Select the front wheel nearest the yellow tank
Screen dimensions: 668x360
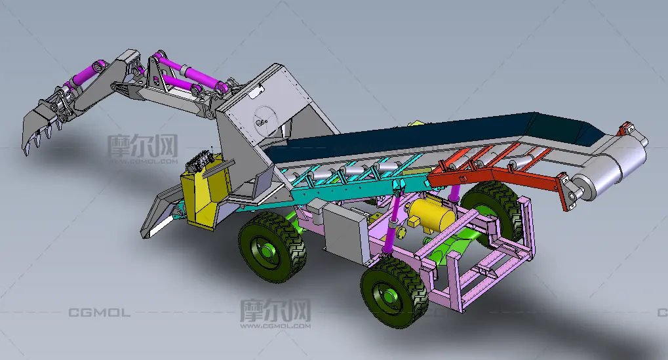coord(272,247)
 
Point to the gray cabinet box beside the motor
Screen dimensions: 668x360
coord(345,233)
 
